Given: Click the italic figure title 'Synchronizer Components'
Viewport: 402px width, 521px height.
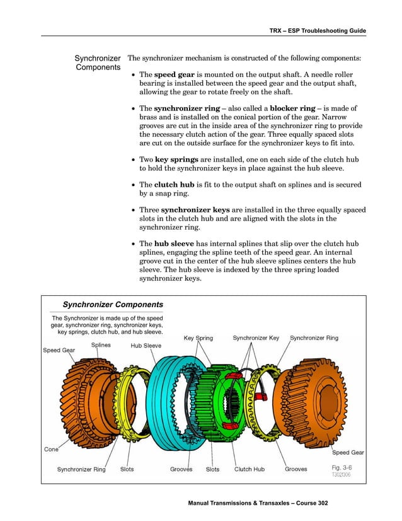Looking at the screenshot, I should [113, 305].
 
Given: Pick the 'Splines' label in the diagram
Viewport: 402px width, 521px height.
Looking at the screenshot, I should [102, 345].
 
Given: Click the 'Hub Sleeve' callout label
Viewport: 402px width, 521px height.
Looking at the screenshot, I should [146, 346].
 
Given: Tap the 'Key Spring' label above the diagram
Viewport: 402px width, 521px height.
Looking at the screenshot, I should [198, 338].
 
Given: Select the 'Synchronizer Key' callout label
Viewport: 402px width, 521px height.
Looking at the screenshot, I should [256, 338].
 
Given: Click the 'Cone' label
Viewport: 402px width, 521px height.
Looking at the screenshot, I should [51, 450].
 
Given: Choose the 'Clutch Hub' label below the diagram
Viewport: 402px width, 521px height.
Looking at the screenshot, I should [250, 469].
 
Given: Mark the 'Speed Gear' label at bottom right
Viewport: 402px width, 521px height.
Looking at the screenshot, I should [348, 452].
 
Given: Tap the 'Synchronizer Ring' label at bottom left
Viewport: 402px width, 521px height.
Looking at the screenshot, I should [81, 469].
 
